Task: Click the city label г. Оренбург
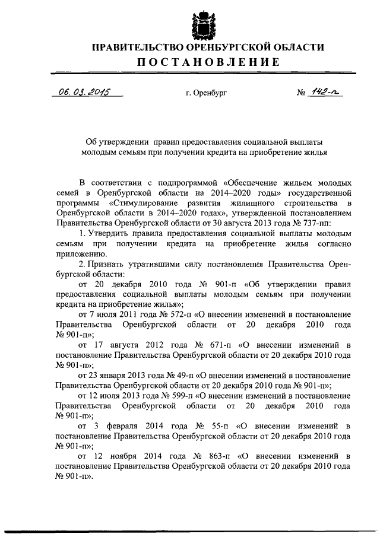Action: pos(207,93)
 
